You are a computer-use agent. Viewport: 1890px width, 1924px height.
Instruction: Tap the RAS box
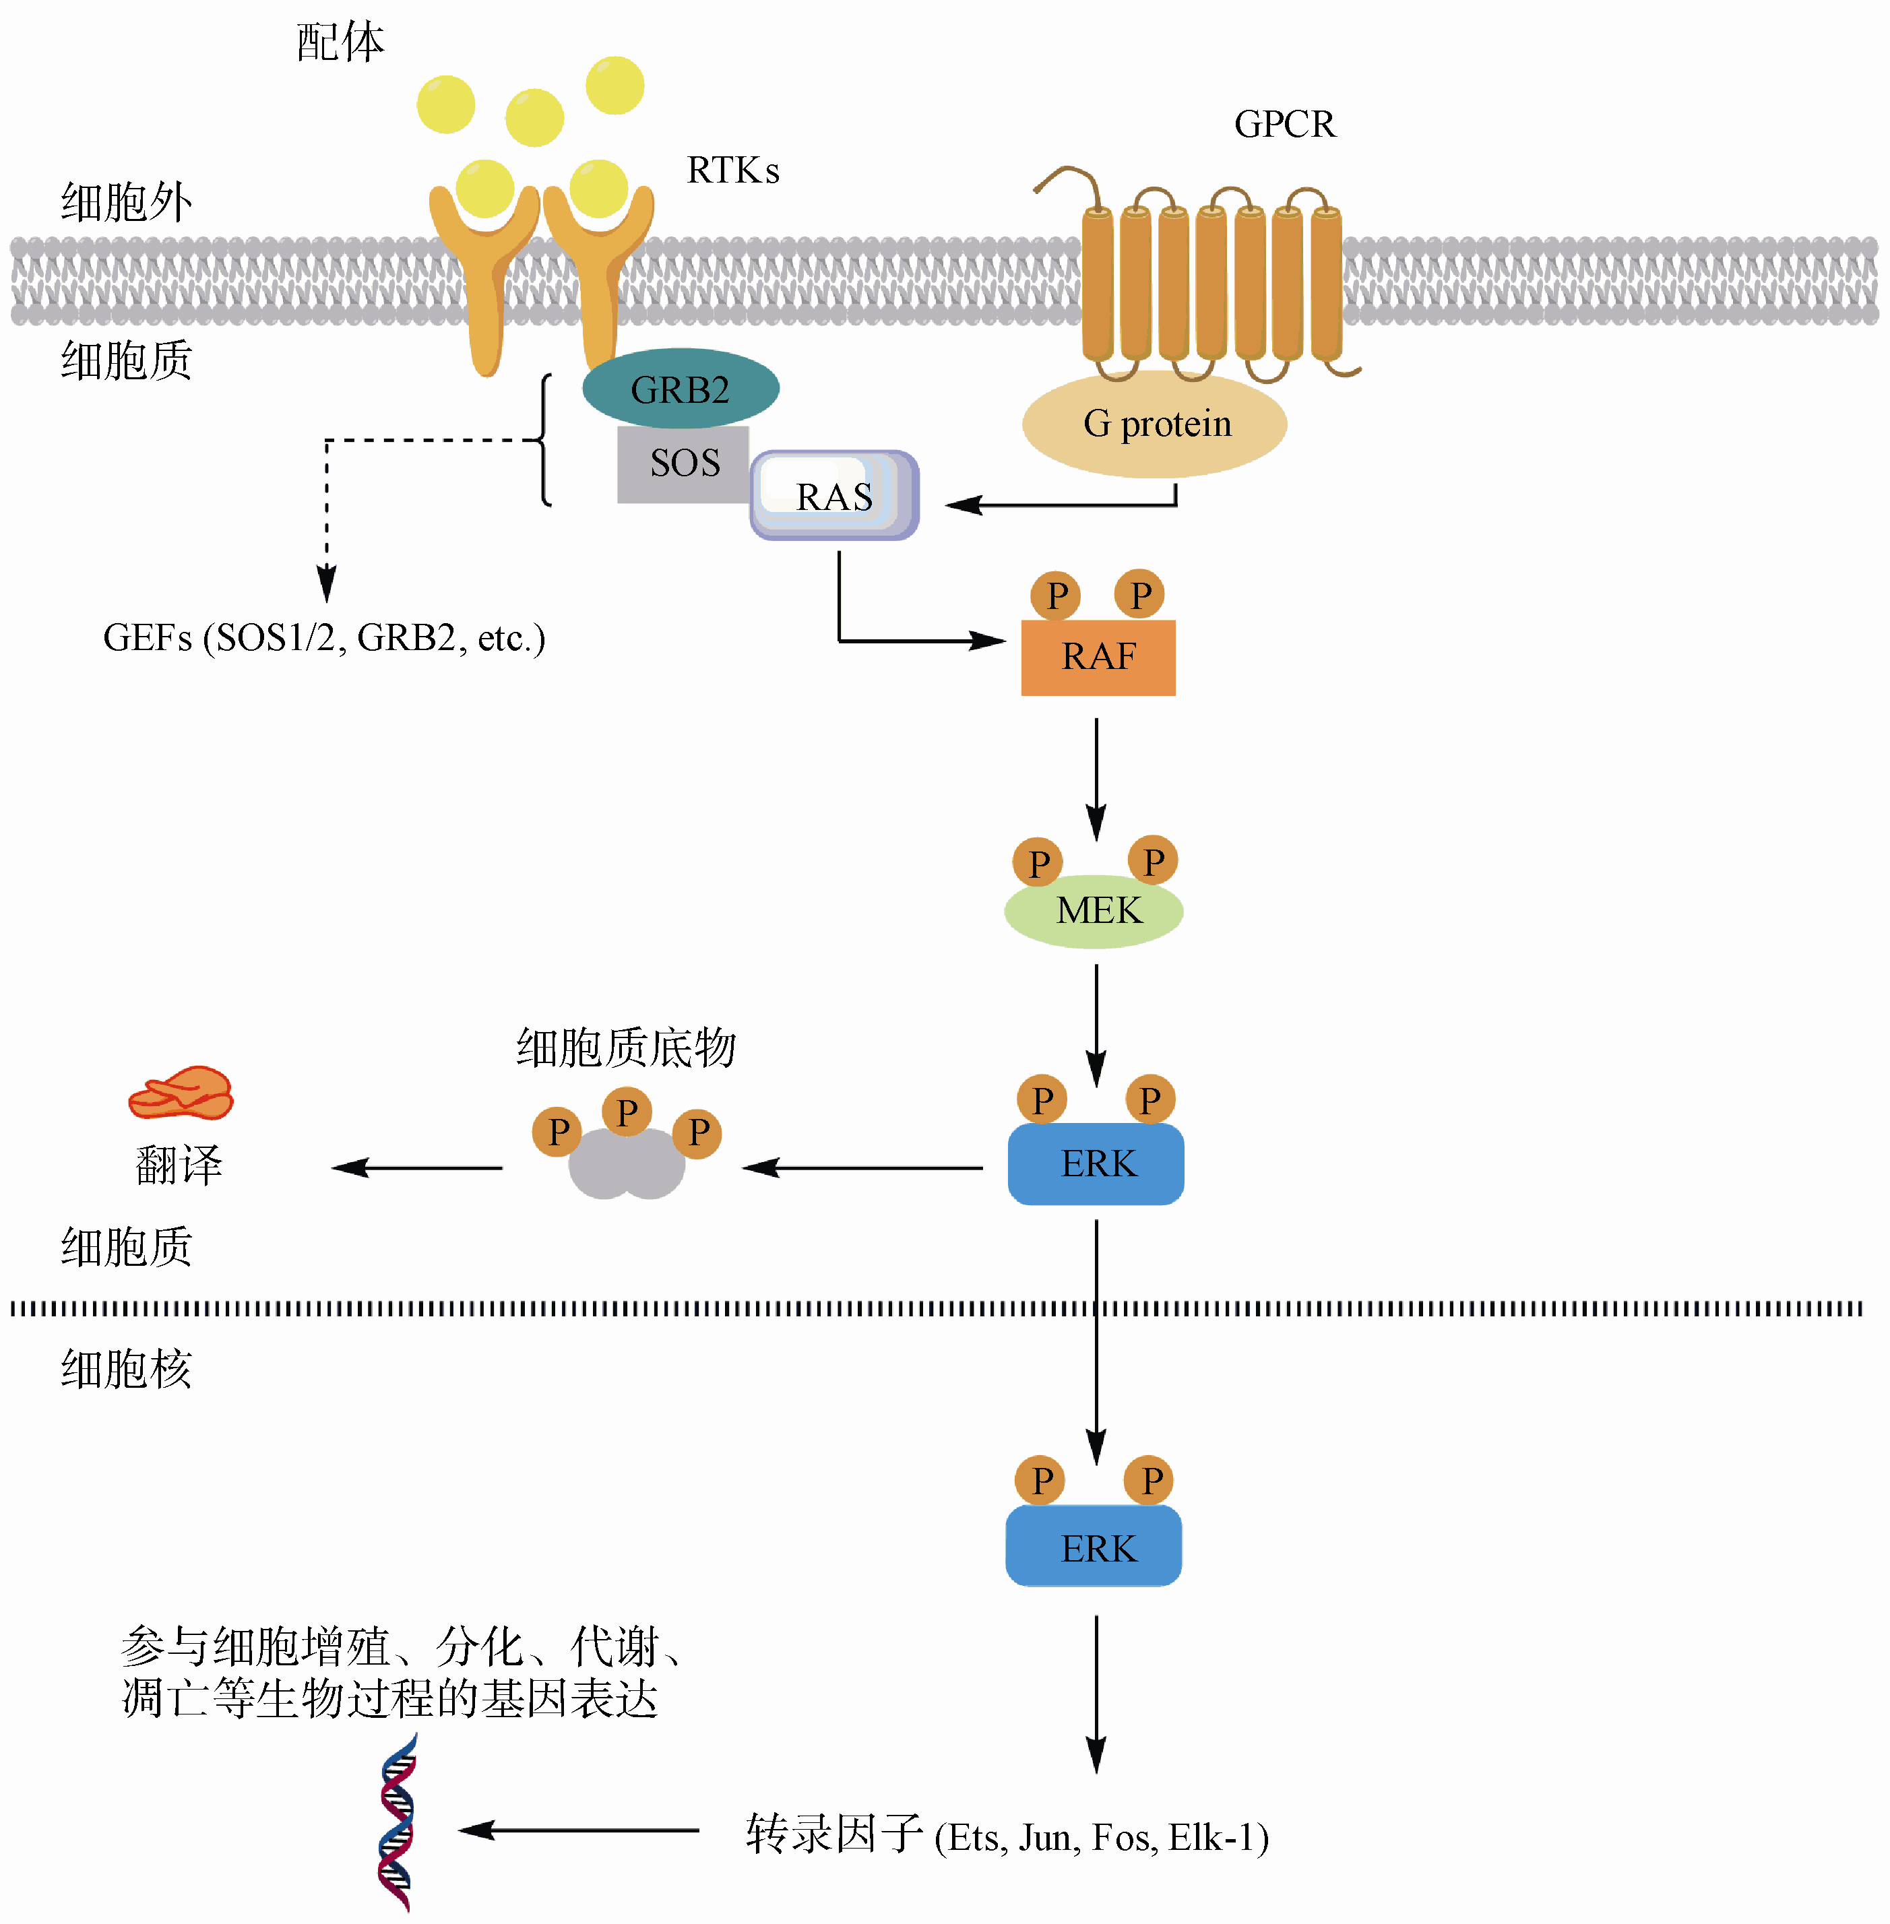tap(834, 496)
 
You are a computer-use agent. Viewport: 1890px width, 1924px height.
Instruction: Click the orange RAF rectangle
tap(1098, 657)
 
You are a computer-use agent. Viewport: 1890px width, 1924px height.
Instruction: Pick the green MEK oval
tap(1094, 911)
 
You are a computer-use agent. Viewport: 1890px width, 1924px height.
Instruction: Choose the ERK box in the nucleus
tap(1094, 1547)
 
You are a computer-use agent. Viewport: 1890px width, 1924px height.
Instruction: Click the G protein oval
tap(1154, 424)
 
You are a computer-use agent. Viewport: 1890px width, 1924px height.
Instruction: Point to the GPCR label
tap(1284, 124)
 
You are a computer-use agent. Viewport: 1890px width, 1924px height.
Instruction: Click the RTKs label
tap(732, 170)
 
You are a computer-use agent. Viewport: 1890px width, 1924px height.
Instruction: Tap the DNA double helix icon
tap(397, 1823)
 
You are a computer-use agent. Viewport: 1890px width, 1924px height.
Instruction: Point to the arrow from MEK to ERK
tap(1096, 1025)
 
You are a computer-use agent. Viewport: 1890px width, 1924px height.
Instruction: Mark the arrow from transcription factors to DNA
tap(579, 1830)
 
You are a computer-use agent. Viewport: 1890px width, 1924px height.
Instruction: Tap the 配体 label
tap(340, 42)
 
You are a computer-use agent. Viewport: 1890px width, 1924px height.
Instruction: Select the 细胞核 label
tap(126, 1370)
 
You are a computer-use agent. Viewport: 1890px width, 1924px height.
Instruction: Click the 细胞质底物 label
tap(625, 1048)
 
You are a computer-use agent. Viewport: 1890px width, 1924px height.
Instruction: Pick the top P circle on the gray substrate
tap(627, 1112)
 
